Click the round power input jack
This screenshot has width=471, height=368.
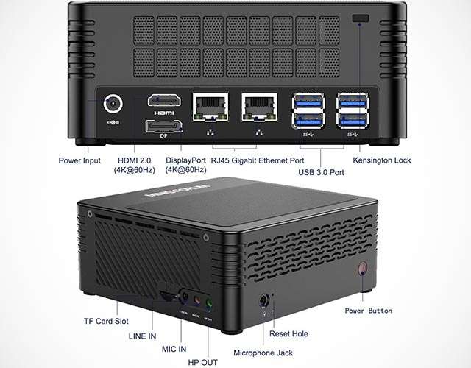[114, 104]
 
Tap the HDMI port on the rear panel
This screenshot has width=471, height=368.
[160, 102]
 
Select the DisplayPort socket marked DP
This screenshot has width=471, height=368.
[160, 128]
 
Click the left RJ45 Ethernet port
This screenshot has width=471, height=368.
[208, 108]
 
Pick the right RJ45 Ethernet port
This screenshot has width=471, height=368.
[258, 108]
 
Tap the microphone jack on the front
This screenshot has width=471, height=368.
[263, 300]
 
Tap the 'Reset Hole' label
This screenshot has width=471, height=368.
[288, 333]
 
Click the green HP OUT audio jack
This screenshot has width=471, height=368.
[210, 302]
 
